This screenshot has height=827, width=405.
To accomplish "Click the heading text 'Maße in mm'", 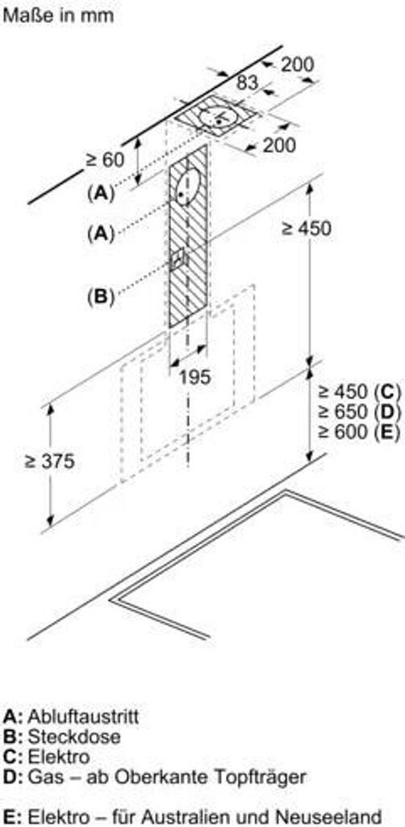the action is (58, 15).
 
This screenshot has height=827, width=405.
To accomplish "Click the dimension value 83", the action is (247, 83).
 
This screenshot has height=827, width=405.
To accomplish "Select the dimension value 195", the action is (195, 377).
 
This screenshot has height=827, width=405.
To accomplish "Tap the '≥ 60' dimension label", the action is (105, 160).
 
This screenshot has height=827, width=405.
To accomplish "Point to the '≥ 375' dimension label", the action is (49, 461).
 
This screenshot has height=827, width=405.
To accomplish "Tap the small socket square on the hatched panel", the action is (178, 258).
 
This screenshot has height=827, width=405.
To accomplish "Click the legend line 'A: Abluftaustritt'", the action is (71, 717).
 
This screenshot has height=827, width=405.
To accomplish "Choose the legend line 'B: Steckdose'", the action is (61, 737).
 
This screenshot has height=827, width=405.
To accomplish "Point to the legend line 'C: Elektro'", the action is (46, 757).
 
